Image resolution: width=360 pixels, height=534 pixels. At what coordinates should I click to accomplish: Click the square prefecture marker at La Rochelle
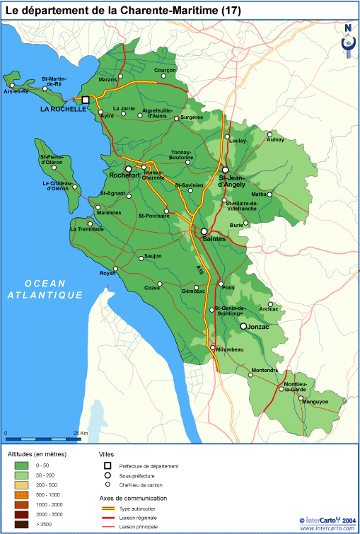pos(86,100)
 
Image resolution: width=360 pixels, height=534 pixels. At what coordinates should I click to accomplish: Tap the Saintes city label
pos(214,240)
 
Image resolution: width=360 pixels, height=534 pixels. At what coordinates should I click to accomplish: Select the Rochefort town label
pos(124,175)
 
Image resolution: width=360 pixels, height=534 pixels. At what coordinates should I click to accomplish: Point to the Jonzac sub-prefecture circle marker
pos(243,326)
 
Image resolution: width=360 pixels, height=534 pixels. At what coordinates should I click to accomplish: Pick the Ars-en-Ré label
pos(17,92)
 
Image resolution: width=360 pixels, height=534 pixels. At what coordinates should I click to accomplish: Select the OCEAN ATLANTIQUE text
pos(45,289)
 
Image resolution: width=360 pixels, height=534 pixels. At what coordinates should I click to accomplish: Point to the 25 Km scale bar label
pos(80,433)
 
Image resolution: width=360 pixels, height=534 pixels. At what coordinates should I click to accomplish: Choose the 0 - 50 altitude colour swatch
pos(22,465)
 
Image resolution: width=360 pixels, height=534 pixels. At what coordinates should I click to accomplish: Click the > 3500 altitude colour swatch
pos(22,524)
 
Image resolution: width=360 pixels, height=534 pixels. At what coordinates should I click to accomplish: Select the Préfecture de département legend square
pos(108,465)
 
